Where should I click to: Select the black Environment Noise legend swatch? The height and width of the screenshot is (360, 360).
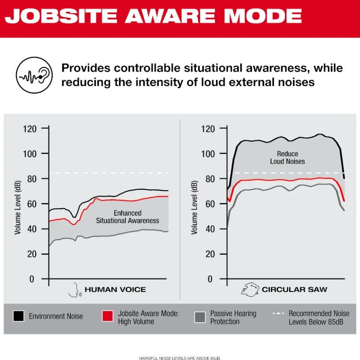coord(18,316)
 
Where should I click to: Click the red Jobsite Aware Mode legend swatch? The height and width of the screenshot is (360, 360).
coord(107,316)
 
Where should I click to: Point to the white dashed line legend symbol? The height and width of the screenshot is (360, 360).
coord(278,313)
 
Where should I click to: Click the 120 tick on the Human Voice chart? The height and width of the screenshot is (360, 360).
coord(30,129)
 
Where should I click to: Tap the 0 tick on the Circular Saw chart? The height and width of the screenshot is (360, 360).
coord(210,279)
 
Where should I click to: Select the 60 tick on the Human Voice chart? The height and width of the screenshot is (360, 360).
coord(32,204)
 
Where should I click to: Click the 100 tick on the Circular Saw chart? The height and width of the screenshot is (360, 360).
coord(208,154)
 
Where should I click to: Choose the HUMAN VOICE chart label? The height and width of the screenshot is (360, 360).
coord(115,290)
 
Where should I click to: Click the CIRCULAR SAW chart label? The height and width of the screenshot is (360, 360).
coord(295,290)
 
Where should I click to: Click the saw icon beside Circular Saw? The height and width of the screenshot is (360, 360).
coord(250,289)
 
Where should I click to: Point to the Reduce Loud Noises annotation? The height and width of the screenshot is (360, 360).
coord(288,158)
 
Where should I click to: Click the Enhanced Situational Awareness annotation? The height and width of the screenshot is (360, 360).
coord(128,217)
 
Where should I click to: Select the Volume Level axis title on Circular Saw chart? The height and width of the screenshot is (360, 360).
coord(194,208)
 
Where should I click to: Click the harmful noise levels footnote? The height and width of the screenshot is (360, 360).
coord(180,358)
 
